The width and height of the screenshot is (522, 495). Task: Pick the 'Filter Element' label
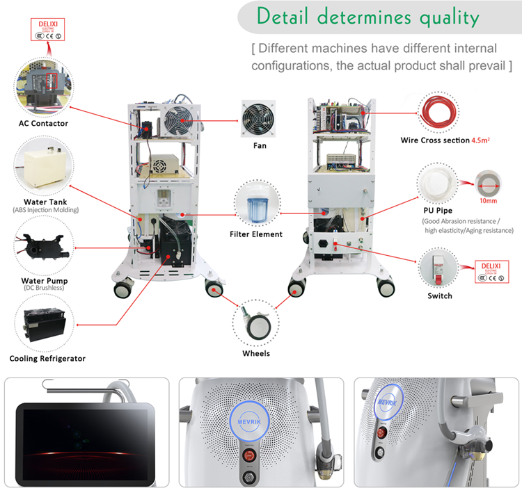click(x=256, y=234)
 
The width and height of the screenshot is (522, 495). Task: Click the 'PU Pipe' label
click(x=440, y=211)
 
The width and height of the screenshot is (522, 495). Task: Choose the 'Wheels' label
click(x=256, y=353)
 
